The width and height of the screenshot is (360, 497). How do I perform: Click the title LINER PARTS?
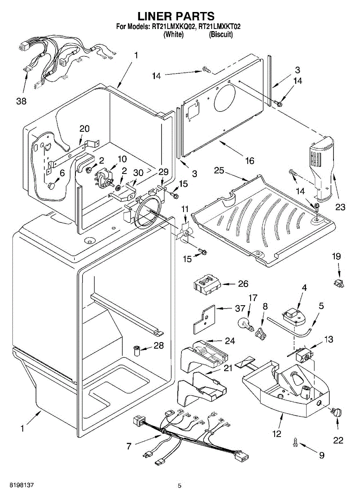(176, 16)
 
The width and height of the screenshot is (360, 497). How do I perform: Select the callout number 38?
(21, 101)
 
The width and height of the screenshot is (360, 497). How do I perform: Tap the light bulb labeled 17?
(244, 322)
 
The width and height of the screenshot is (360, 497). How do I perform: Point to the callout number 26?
(243, 284)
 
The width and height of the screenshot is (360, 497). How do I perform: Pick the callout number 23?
(340, 207)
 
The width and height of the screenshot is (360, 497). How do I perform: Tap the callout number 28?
(159, 345)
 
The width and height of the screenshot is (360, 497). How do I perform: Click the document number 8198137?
(17, 485)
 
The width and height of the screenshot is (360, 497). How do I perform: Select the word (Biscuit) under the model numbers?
(221, 35)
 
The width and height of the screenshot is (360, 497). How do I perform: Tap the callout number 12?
(277, 434)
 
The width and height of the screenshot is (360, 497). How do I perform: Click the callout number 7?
(129, 446)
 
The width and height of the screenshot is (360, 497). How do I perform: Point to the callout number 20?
(84, 129)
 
